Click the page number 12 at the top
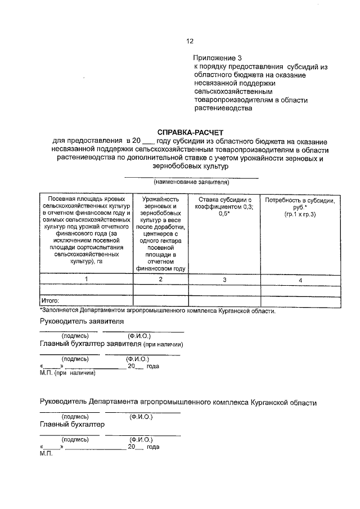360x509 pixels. [x=190, y=41]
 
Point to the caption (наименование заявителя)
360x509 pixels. [x=191, y=182]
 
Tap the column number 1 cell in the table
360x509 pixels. [x=86, y=279]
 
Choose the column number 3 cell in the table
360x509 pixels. [x=224, y=280]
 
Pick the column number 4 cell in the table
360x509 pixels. [x=300, y=280]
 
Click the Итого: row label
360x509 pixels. [x=51, y=301]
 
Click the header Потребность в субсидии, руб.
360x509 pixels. [x=300, y=204]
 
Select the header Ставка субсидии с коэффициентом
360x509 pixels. [x=224, y=203]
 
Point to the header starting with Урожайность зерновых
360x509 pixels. [x=161, y=203]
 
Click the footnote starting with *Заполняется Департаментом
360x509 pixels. [x=157, y=310]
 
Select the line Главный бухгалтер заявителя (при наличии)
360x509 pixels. [x=112, y=344]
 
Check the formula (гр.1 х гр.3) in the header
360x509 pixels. [x=300, y=215]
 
